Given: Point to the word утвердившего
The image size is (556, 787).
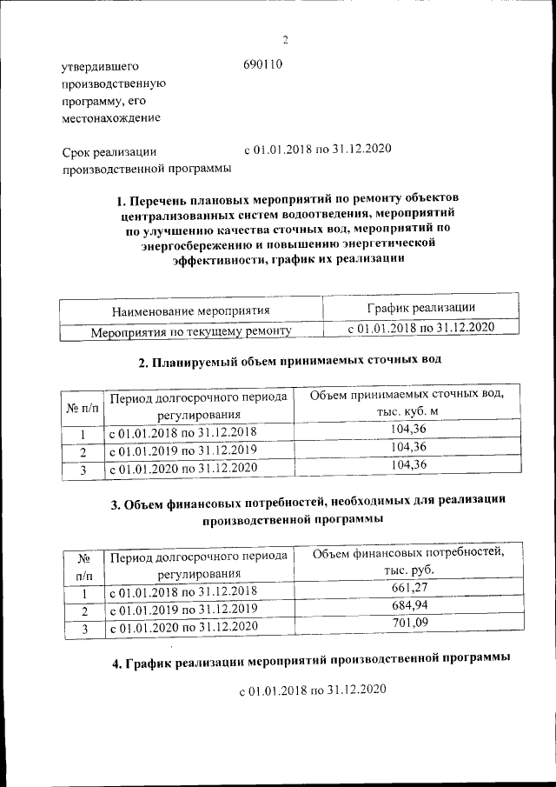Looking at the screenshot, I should pyautogui.click(x=99, y=66).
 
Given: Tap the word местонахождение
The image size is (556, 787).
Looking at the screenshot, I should pyautogui.click(x=109, y=117).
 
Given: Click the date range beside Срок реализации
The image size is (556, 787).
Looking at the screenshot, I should pyautogui.click(x=318, y=149).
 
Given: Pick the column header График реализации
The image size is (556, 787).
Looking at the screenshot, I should pyautogui.click(x=420, y=308).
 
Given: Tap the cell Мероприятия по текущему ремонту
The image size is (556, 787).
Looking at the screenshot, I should pyautogui.click(x=190, y=331).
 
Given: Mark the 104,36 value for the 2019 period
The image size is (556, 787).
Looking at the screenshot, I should pyautogui.click(x=407, y=447).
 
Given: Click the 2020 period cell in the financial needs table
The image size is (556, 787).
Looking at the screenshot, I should pyautogui.click(x=182, y=626).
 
